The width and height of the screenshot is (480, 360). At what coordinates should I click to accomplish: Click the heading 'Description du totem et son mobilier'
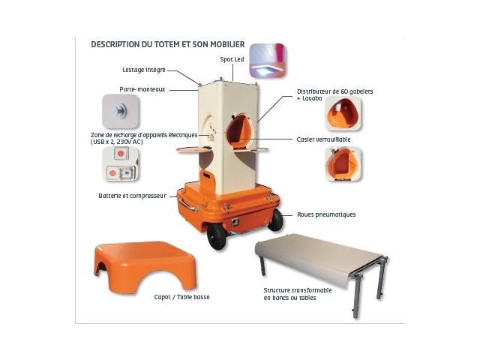point(168,44)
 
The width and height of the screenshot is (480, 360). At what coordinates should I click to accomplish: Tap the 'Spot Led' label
point(232,59)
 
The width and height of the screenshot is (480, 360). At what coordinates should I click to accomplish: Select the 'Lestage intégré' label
point(144,70)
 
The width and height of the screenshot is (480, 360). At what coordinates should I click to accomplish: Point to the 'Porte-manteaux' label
point(142,89)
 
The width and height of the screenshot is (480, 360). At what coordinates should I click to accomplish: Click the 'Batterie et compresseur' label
point(132,196)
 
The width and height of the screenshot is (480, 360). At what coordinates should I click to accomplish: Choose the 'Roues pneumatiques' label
point(326,214)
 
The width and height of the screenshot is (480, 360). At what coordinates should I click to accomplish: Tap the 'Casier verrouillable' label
point(323,139)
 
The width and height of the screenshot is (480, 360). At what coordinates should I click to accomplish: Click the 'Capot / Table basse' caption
point(181,297)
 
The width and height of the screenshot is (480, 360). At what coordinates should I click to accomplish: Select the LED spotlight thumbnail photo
point(267,61)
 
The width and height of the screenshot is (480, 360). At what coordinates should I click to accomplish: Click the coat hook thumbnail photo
point(121,112)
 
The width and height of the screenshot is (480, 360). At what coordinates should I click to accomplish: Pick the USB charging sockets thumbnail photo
point(120,164)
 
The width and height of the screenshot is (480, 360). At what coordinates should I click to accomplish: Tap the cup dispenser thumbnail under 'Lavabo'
point(343,113)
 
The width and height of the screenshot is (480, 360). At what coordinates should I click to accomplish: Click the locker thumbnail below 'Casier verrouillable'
point(343,164)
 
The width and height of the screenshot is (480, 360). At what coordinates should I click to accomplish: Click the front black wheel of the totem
point(217,236)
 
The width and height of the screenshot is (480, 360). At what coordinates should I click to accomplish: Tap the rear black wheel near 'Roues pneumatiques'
point(275,220)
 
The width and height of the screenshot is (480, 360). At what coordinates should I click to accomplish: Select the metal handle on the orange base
point(187,205)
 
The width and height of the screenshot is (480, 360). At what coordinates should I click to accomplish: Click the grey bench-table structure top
point(318,256)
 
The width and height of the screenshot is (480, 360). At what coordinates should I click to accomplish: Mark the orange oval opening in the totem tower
point(239,131)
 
